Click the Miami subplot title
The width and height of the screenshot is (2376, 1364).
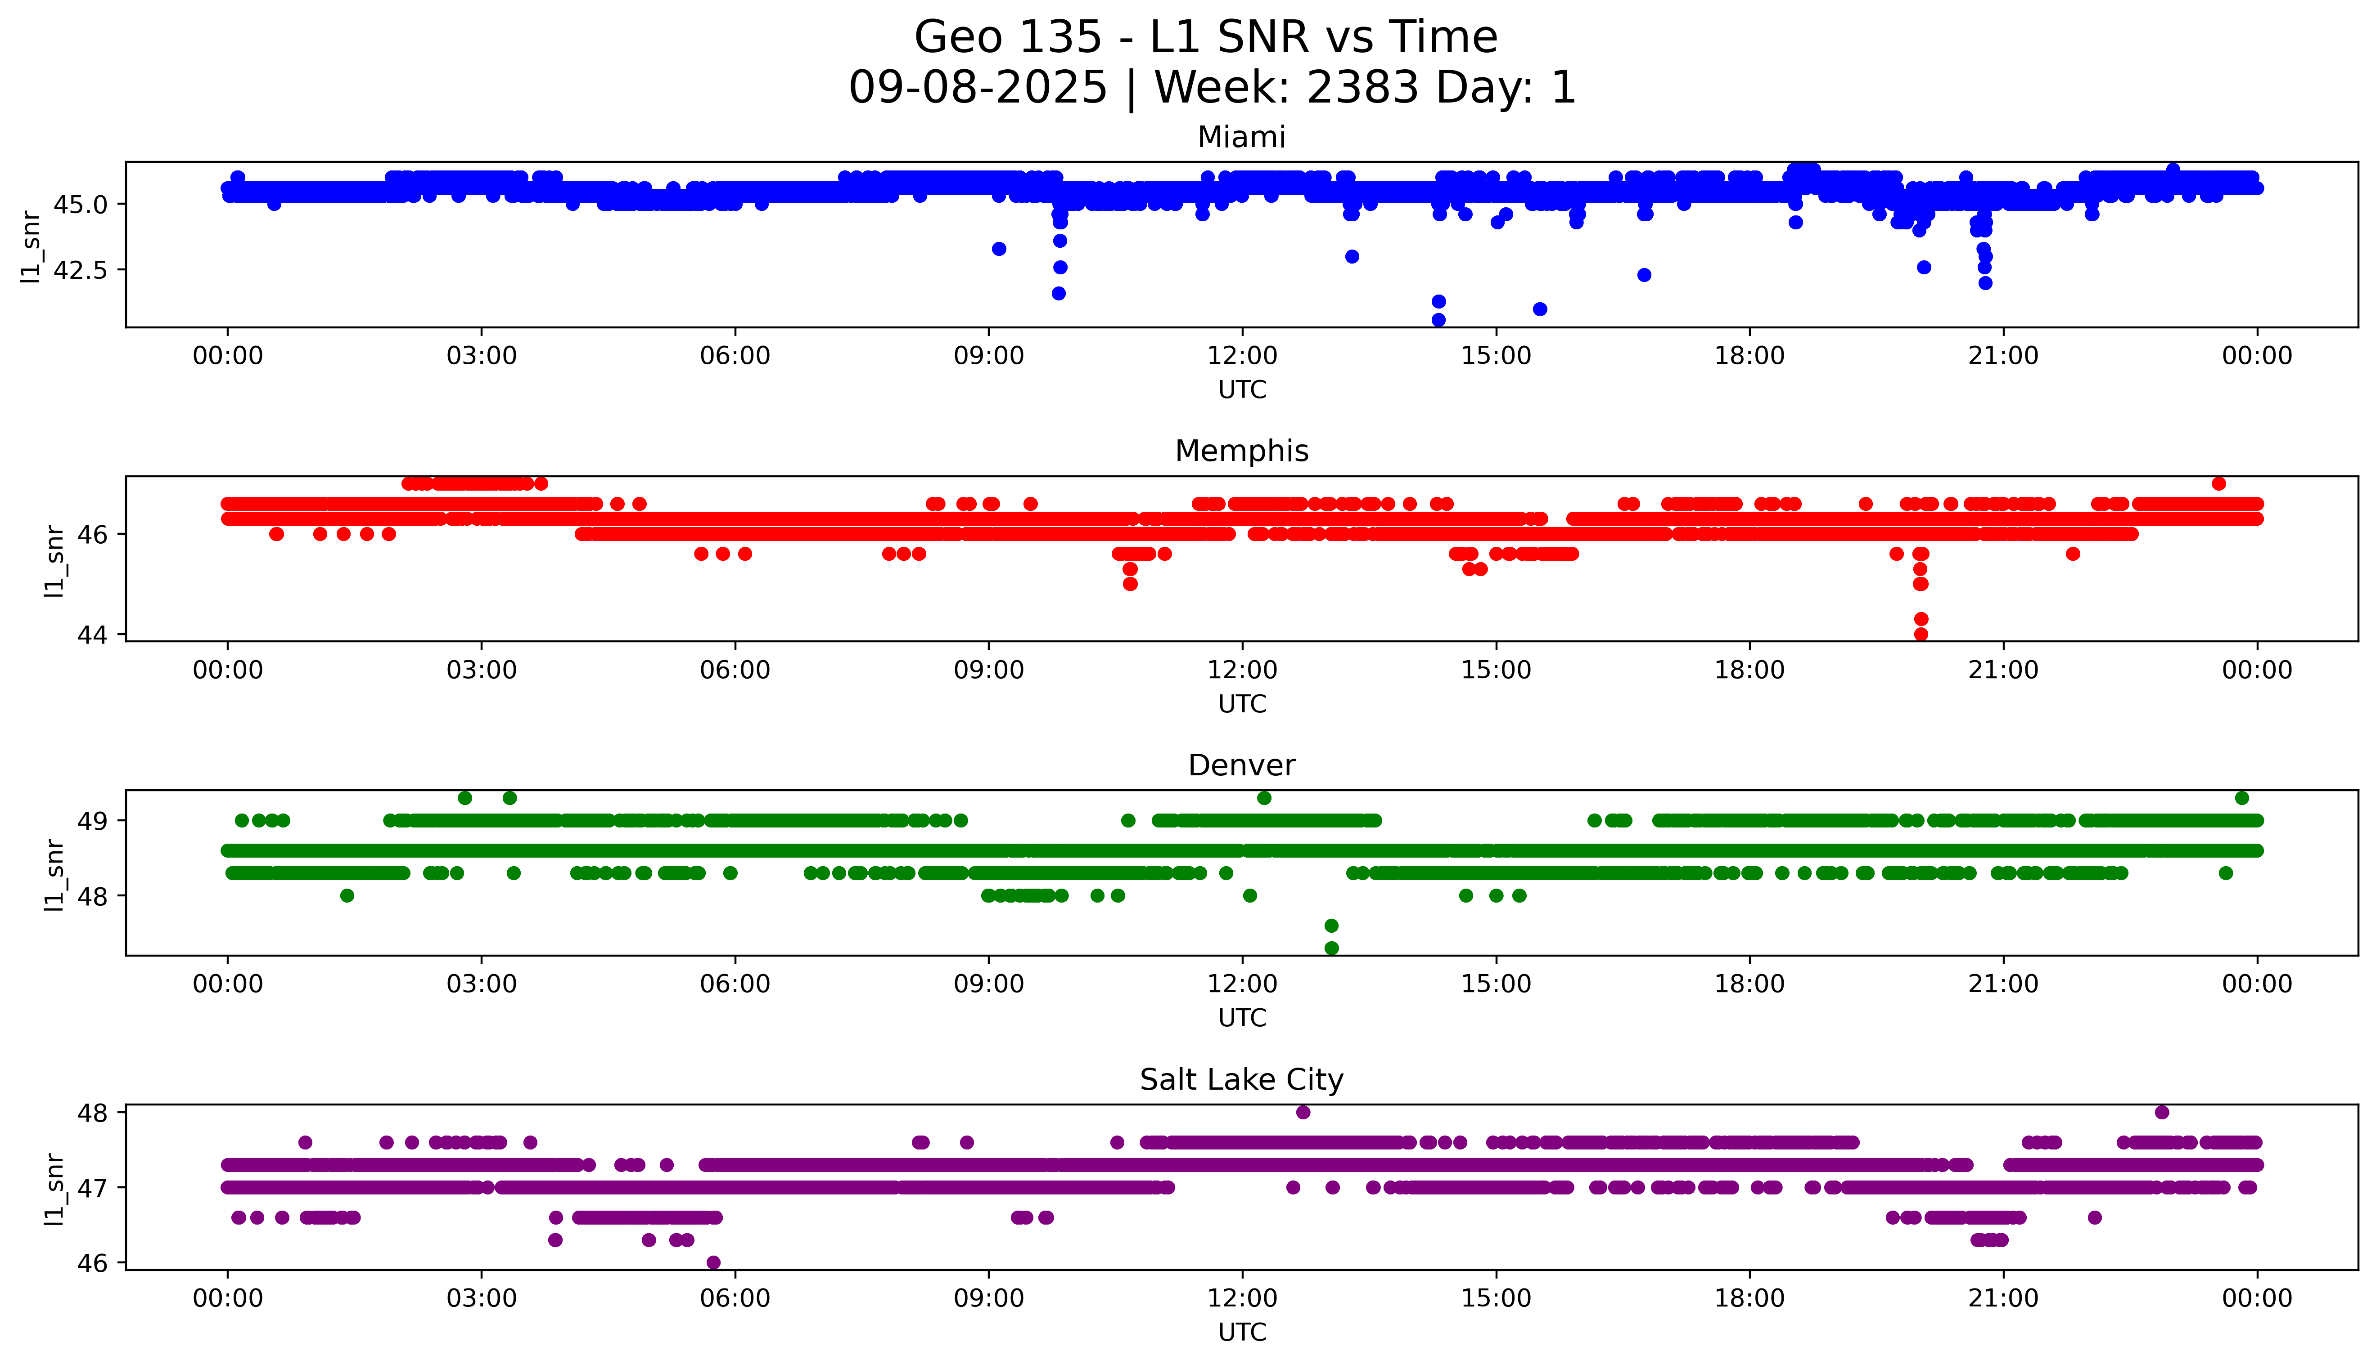[1241, 138]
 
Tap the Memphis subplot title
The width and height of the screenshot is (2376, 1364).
[1241, 452]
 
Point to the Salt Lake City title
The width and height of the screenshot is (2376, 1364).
[1241, 1080]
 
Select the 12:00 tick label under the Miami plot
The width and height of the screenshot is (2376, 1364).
[1242, 356]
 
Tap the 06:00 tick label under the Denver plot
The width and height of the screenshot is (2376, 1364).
[735, 984]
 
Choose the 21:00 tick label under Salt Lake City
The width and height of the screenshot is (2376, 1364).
[2003, 1298]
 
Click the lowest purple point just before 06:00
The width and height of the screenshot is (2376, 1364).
[713, 1262]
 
